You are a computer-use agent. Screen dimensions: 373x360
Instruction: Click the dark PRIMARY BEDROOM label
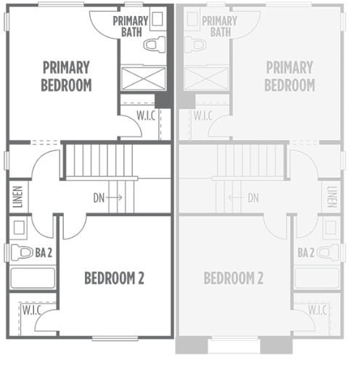66,76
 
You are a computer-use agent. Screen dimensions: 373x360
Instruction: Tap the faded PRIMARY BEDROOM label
290,76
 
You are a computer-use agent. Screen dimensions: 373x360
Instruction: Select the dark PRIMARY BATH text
131,26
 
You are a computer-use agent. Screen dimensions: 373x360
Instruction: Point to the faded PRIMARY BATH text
218,27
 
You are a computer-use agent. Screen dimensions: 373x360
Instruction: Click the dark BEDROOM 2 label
114,278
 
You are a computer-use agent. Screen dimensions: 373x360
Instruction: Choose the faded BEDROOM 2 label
233,278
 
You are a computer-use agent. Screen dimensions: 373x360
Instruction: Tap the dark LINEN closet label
17,197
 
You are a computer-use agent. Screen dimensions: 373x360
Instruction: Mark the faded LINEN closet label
332,197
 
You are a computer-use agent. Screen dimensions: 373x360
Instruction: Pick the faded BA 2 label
306,253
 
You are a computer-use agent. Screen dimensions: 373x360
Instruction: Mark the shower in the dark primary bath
142,78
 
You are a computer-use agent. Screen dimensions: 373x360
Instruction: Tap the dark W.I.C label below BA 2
30,310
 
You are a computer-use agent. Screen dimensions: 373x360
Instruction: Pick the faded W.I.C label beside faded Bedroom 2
317,310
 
